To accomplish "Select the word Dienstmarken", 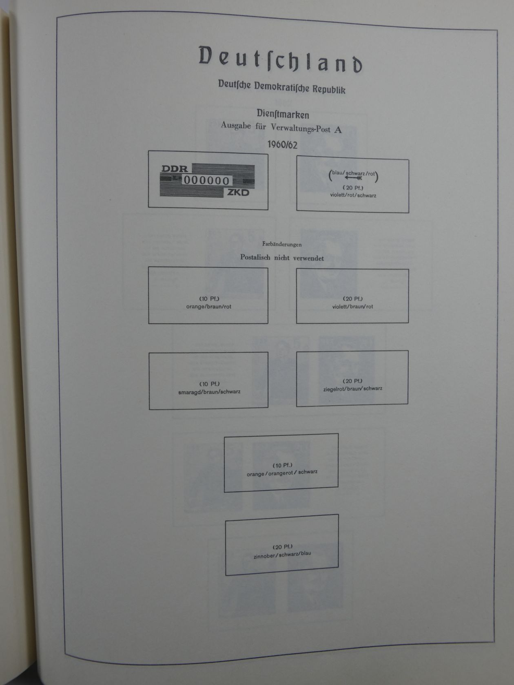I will point(282,114).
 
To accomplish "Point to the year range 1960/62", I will point(282,144).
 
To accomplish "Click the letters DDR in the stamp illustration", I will point(175,168).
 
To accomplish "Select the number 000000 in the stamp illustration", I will point(206,181).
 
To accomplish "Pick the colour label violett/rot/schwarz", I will point(353,195).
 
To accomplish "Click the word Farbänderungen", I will point(282,245).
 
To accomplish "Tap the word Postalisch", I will point(255,258).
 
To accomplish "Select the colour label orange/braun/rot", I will point(208,307).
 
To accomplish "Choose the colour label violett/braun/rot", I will point(352,307).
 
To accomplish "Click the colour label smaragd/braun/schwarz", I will point(209,392).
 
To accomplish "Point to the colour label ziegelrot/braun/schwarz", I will point(352,389).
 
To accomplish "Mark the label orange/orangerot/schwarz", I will point(282,473).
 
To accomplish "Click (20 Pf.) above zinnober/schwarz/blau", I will point(282,547).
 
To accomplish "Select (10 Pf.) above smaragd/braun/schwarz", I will point(209,384).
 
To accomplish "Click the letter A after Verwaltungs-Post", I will point(338,130).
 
